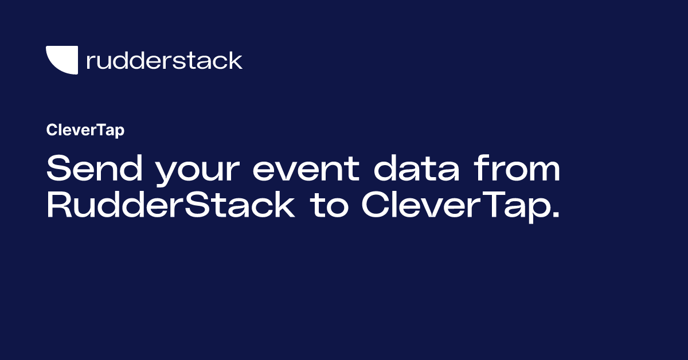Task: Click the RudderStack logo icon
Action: click(61, 60)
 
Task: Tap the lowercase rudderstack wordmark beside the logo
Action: click(164, 60)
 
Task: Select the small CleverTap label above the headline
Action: click(85, 131)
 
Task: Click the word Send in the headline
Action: click(85, 170)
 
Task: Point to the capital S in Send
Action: click(57, 170)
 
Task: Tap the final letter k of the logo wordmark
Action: click(236, 60)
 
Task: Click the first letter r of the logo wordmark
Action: click(89, 62)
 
